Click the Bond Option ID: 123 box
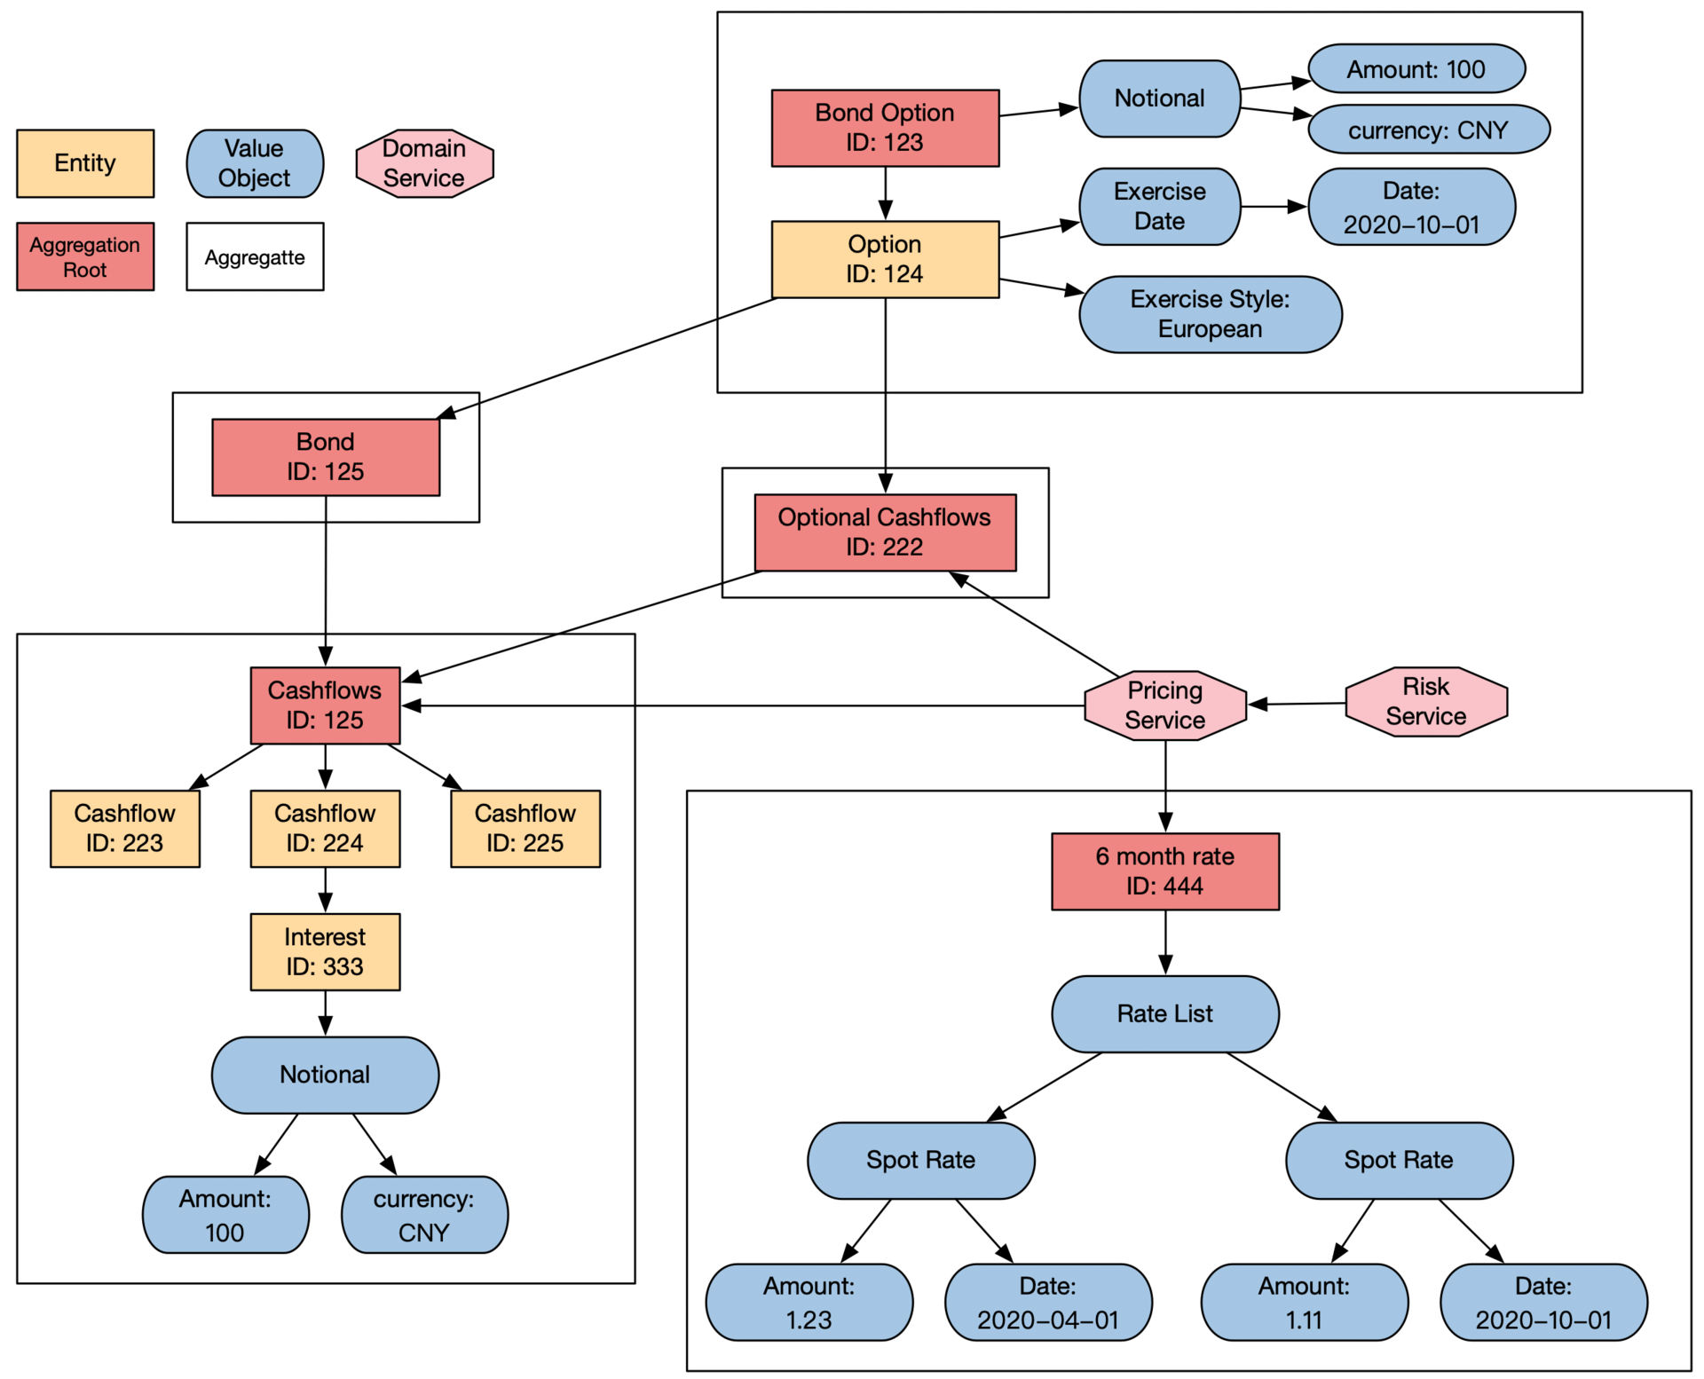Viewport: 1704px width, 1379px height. pos(885,128)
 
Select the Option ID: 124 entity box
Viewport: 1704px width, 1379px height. pos(885,259)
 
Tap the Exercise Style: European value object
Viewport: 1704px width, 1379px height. pos(1210,314)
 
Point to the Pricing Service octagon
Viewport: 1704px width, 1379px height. pos(1164,705)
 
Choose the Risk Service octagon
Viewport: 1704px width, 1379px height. pos(1425,702)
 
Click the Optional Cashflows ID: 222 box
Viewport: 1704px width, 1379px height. pos(885,532)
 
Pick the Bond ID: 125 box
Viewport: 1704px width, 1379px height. pos(325,457)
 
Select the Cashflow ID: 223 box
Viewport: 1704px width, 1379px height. pos(124,828)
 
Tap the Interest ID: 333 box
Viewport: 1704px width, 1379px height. pos(325,951)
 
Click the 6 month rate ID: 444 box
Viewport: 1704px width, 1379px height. pos(1164,871)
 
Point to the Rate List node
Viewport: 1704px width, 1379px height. pos(1164,1013)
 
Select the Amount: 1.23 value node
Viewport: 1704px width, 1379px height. pos(809,1302)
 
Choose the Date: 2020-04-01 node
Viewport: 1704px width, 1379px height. pos(1048,1302)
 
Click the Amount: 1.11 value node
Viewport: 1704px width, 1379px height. pos(1304,1302)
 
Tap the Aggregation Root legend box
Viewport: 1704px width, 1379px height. pos(85,256)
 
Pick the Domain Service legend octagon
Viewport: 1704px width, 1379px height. pos(424,163)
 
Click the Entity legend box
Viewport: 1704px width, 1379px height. pos(85,163)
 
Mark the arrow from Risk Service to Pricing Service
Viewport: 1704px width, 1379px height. pos(1298,705)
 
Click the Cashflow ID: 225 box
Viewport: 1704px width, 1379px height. pos(525,828)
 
